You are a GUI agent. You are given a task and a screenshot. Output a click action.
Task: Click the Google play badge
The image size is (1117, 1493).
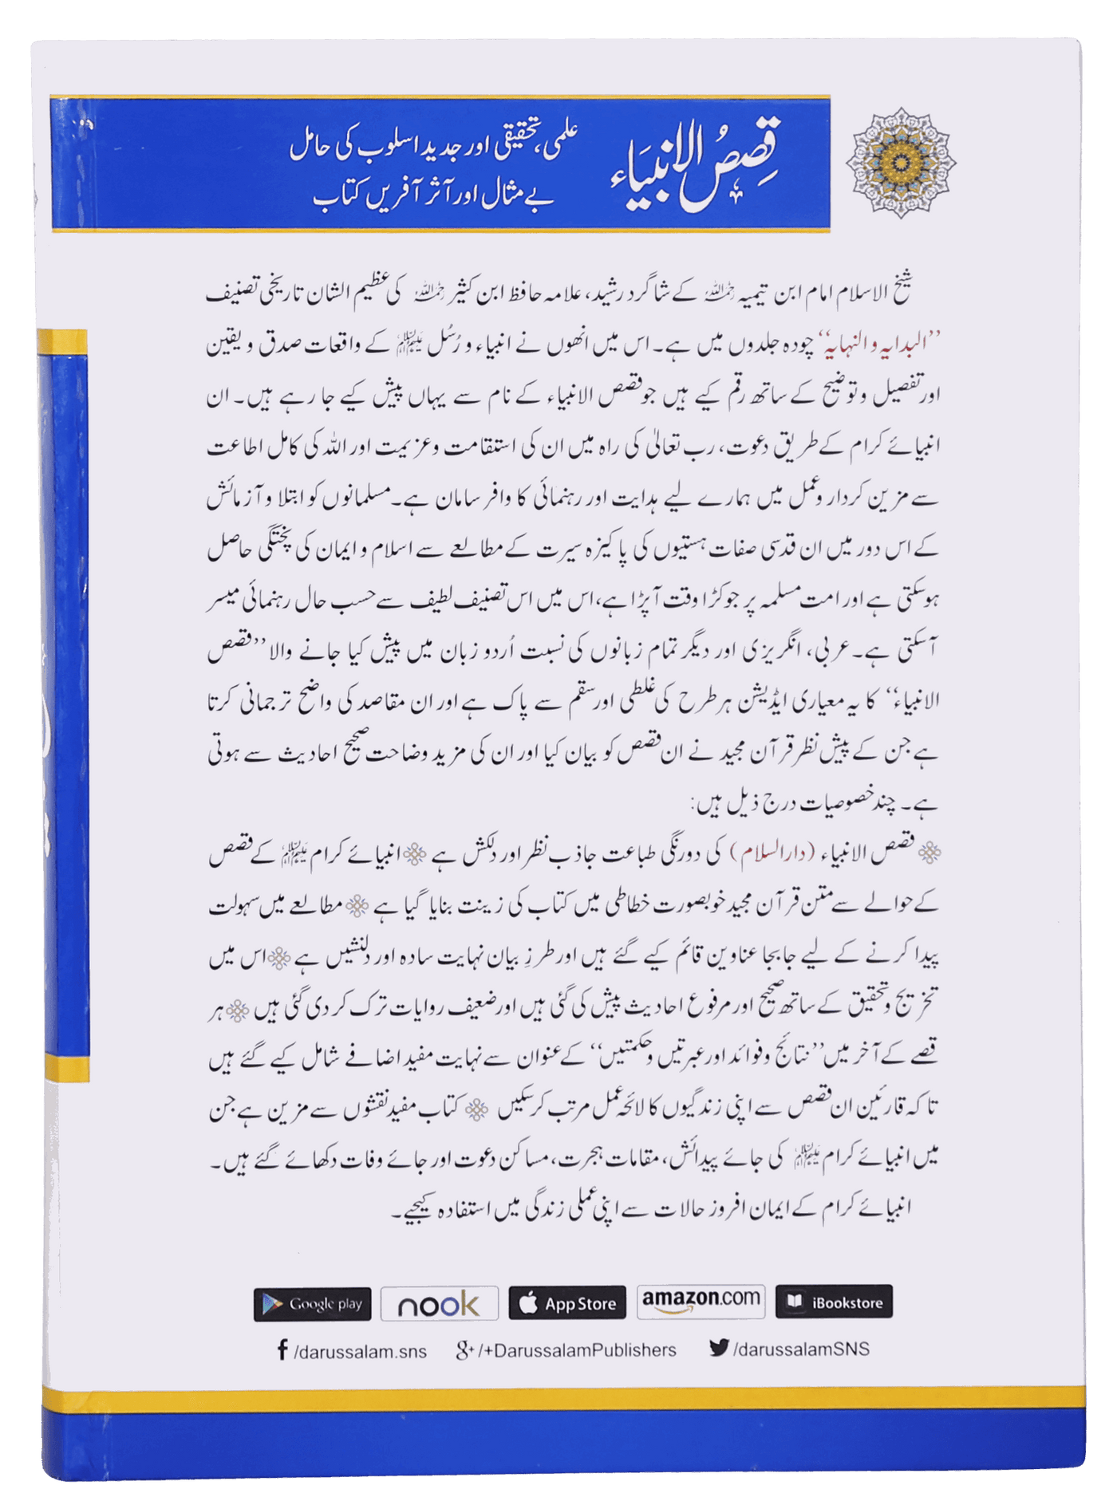click(x=312, y=1304)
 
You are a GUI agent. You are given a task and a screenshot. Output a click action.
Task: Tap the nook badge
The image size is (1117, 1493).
click(x=439, y=1304)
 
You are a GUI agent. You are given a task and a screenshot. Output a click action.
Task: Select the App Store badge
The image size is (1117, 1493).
click(x=567, y=1304)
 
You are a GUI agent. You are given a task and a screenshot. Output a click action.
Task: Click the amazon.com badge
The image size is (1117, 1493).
click(x=701, y=1301)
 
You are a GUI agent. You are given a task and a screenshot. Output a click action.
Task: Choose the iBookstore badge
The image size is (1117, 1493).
click(x=834, y=1302)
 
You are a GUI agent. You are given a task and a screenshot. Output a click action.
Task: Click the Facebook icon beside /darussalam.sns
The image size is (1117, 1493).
click(x=282, y=1350)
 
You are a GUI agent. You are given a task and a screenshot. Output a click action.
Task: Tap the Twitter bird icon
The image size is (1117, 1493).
click(x=718, y=1348)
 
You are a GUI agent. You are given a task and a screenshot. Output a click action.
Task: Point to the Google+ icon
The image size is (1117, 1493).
click(x=464, y=1349)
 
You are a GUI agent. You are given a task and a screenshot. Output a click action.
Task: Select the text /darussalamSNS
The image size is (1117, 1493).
click(x=801, y=1349)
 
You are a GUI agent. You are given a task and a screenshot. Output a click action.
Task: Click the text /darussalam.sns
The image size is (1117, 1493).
click(x=360, y=1351)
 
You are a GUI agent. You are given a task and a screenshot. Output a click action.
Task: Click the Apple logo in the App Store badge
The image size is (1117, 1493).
click(x=528, y=1304)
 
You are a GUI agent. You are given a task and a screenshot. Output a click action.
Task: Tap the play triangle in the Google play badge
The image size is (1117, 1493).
click(x=273, y=1305)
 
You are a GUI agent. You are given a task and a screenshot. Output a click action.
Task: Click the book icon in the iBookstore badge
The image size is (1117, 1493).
click(x=795, y=1302)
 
